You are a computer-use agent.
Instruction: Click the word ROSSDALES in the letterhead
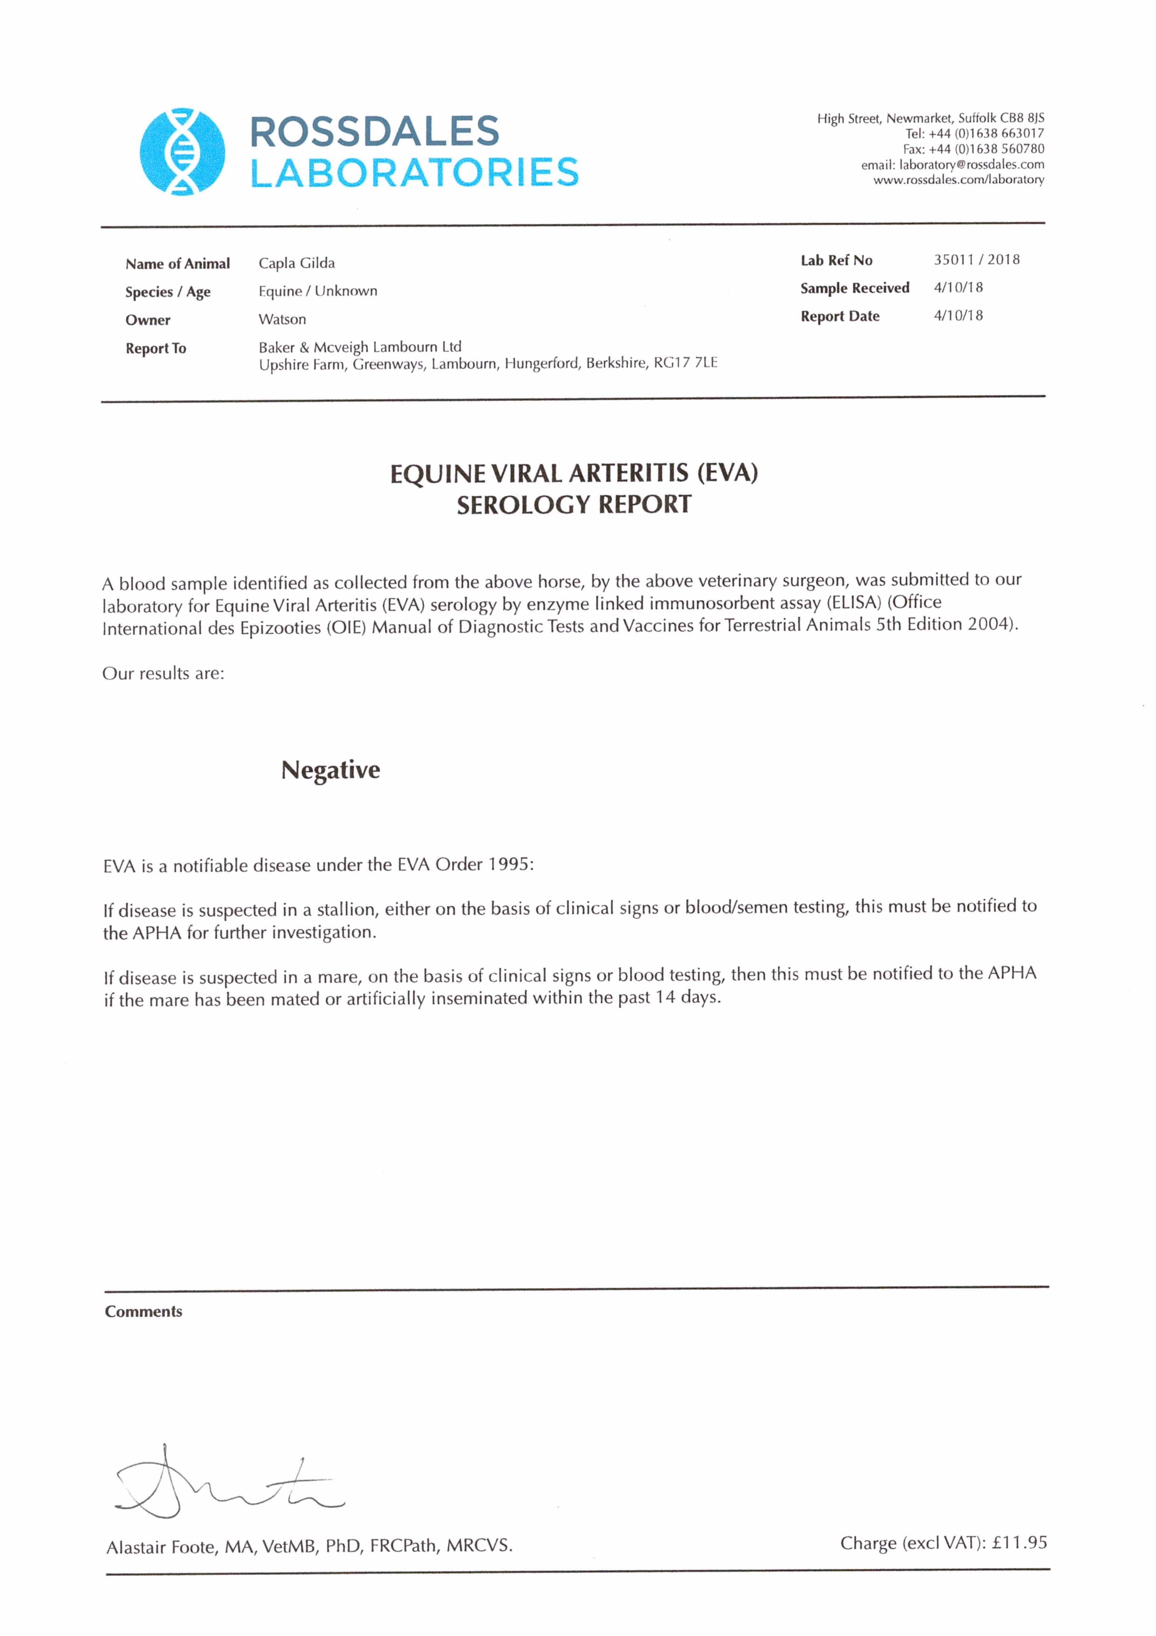375,132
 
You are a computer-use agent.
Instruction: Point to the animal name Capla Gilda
296,263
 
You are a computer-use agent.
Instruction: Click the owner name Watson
282,319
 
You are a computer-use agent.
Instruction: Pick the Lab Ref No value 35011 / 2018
976,259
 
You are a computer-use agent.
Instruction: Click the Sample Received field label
855,288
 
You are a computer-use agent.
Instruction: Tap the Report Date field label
840,316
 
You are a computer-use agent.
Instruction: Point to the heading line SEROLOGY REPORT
574,505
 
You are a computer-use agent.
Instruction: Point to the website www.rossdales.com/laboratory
959,180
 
